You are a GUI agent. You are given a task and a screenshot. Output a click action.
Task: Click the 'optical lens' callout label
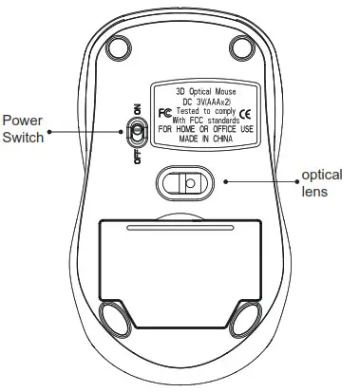(x=320, y=182)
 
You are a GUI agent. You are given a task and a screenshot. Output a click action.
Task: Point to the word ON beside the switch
(x=139, y=107)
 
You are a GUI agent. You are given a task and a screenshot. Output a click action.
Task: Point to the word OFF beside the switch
(x=139, y=155)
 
